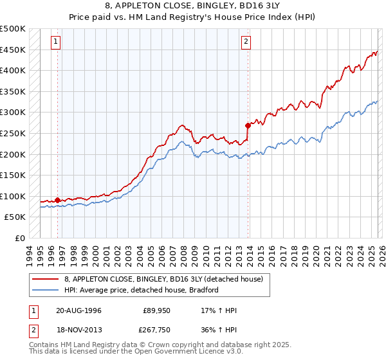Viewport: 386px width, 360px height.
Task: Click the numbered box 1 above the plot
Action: click(57, 42)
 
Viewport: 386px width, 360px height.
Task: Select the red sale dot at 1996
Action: click(58, 200)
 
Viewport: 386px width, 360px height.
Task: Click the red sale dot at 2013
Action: click(248, 125)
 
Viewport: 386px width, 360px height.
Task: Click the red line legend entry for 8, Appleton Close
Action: click(163, 279)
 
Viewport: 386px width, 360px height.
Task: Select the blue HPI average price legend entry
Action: click(142, 290)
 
